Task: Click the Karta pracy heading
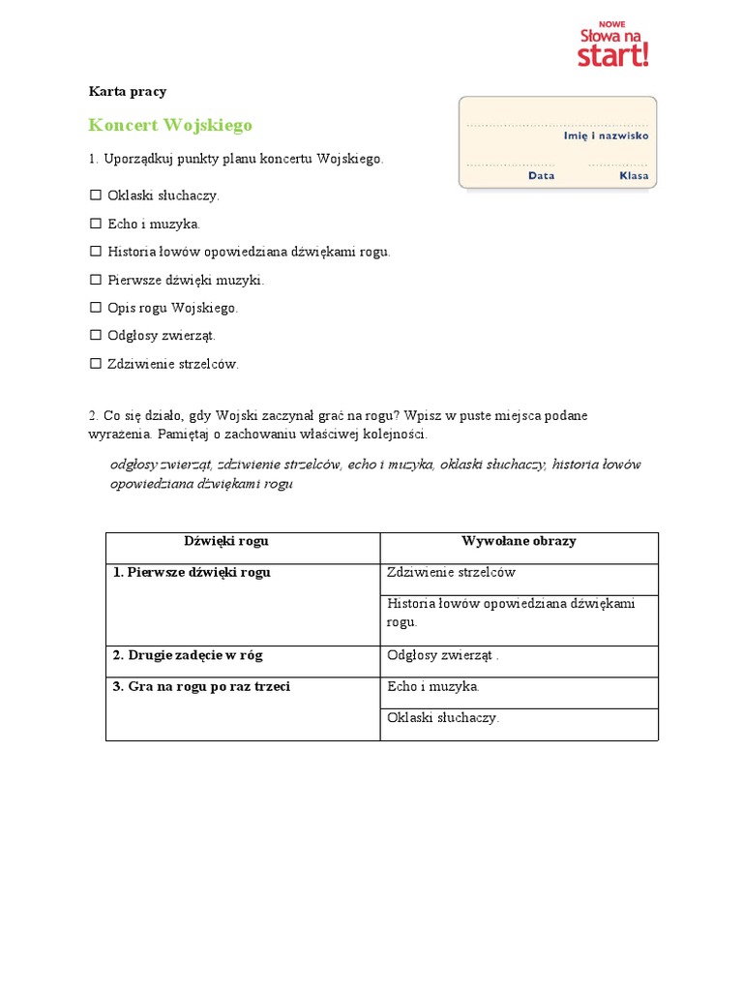pos(128,92)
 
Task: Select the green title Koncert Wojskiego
pos(170,125)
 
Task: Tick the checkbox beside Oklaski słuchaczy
pos(96,195)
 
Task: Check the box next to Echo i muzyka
pos(96,224)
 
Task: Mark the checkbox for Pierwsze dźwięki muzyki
pos(96,280)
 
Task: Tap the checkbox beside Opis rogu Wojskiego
pos(96,308)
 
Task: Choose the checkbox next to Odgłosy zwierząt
pos(96,336)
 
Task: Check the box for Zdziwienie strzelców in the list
pos(96,364)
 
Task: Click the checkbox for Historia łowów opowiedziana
pos(96,252)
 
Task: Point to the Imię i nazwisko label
pos(606,136)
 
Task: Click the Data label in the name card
pos(542,176)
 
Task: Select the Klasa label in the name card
pos(634,176)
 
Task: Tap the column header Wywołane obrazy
pos(519,541)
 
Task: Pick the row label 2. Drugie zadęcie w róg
pos(188,655)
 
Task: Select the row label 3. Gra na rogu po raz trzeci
pos(201,687)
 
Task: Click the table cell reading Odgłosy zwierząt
pos(442,655)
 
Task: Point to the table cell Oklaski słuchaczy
pos(443,718)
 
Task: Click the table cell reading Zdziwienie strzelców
pos(451,573)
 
